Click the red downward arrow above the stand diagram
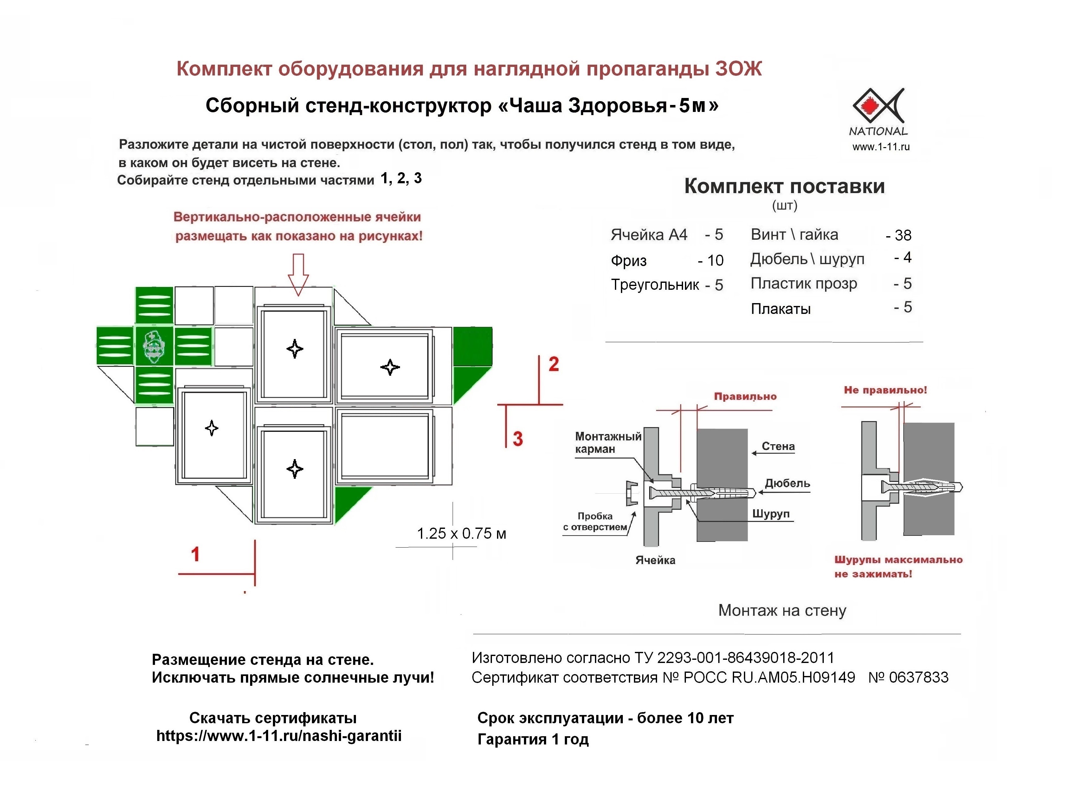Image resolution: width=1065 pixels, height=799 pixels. tap(298, 274)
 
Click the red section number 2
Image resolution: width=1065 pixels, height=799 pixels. tap(554, 364)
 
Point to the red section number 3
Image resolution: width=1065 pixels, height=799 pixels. tap(518, 439)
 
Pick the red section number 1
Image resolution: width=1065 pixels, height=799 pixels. tap(195, 554)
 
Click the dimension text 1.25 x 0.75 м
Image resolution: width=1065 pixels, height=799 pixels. tap(461, 534)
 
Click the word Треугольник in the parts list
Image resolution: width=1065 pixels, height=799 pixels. tap(655, 285)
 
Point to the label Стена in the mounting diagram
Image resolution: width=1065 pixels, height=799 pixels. tap(778, 446)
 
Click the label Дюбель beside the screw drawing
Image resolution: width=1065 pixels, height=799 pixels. tap(787, 483)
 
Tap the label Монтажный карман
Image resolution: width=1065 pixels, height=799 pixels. tap(608, 443)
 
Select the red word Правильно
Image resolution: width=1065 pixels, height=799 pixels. tap(745, 396)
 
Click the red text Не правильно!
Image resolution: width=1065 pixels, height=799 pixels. tap(885, 390)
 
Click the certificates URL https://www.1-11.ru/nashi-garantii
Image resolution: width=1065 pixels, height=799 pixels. tap(279, 736)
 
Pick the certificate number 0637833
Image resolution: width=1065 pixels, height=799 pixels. tap(918, 678)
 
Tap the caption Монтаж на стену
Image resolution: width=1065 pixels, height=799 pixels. tap(782, 611)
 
